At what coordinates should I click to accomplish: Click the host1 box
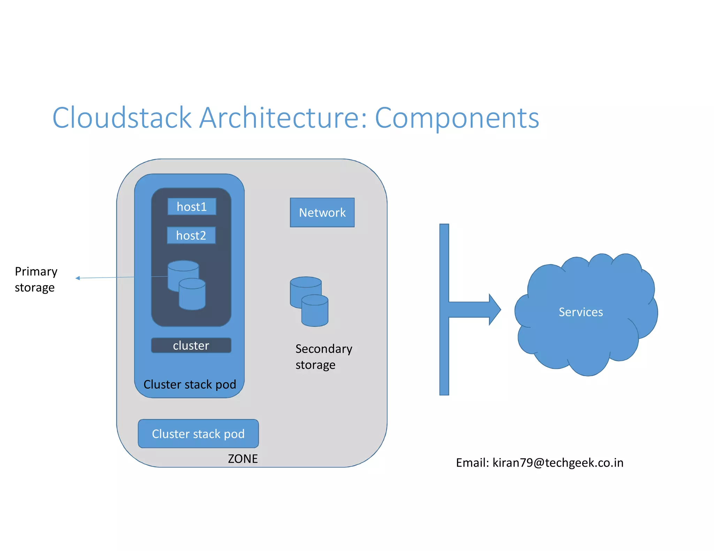[x=192, y=207]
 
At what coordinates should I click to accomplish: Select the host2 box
[x=191, y=235]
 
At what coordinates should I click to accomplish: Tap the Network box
[x=322, y=212]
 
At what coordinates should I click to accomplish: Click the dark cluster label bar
[x=191, y=346]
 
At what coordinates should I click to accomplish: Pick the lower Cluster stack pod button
[x=198, y=434]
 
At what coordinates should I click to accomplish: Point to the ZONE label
[x=243, y=459]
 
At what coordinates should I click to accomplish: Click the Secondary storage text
[x=324, y=357]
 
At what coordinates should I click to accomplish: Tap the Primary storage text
[x=36, y=279]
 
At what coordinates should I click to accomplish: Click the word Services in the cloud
[x=580, y=312]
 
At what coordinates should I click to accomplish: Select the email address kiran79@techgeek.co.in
[x=557, y=463]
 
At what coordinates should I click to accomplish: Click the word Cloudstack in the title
[x=122, y=118]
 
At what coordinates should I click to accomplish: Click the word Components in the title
[x=457, y=118]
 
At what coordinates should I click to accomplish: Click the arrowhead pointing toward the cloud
[x=494, y=309]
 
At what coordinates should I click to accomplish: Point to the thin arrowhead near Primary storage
[x=78, y=278]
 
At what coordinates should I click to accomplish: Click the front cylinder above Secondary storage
[x=314, y=312]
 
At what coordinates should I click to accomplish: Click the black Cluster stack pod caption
[x=190, y=385]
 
